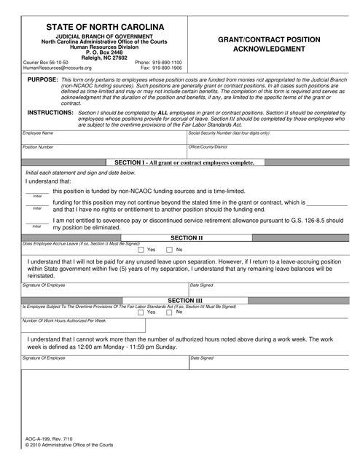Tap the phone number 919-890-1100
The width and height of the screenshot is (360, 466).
click(x=158, y=63)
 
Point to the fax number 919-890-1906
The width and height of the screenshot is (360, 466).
click(x=161, y=68)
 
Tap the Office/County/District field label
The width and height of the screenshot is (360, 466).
click(x=208, y=147)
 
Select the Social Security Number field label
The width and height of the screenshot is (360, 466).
click(x=229, y=134)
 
